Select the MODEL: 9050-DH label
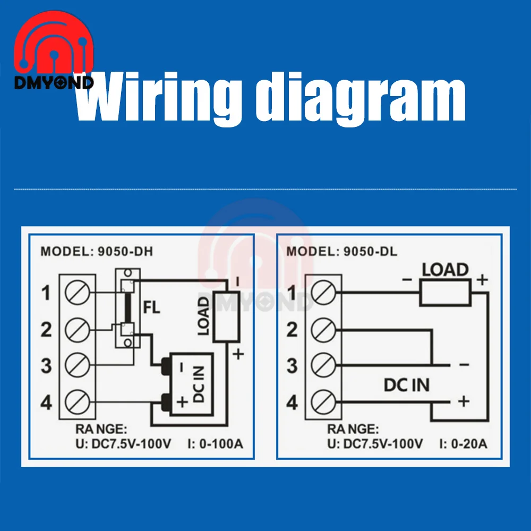click(x=96, y=252)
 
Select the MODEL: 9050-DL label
click(x=341, y=252)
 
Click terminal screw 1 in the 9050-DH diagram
click(x=77, y=292)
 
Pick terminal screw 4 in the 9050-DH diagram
click(x=77, y=401)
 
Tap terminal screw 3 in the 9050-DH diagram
click(x=77, y=365)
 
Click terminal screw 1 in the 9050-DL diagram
click(x=323, y=292)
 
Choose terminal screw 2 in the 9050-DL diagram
click(x=323, y=329)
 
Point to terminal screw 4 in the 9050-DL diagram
click(x=323, y=401)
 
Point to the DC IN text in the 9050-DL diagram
click(x=407, y=385)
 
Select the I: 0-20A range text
click(x=463, y=444)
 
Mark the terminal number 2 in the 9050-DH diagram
click(x=47, y=330)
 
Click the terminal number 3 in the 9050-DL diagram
click(x=292, y=366)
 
